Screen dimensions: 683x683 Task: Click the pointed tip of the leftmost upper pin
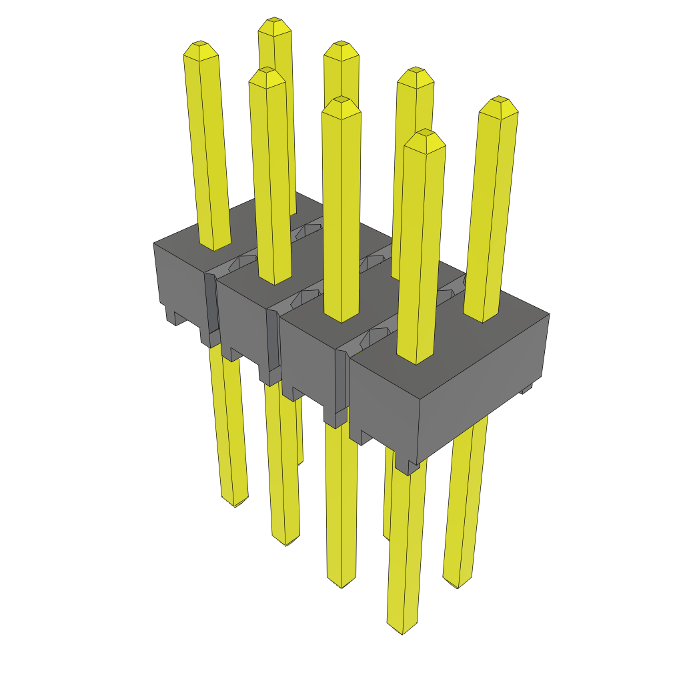[x=201, y=45]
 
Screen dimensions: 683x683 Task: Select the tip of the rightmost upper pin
[x=500, y=101]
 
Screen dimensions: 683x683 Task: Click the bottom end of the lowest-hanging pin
[x=403, y=630]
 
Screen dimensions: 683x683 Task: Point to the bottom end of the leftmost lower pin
[x=235, y=504]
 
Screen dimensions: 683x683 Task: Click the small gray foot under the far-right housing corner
[x=527, y=388]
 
